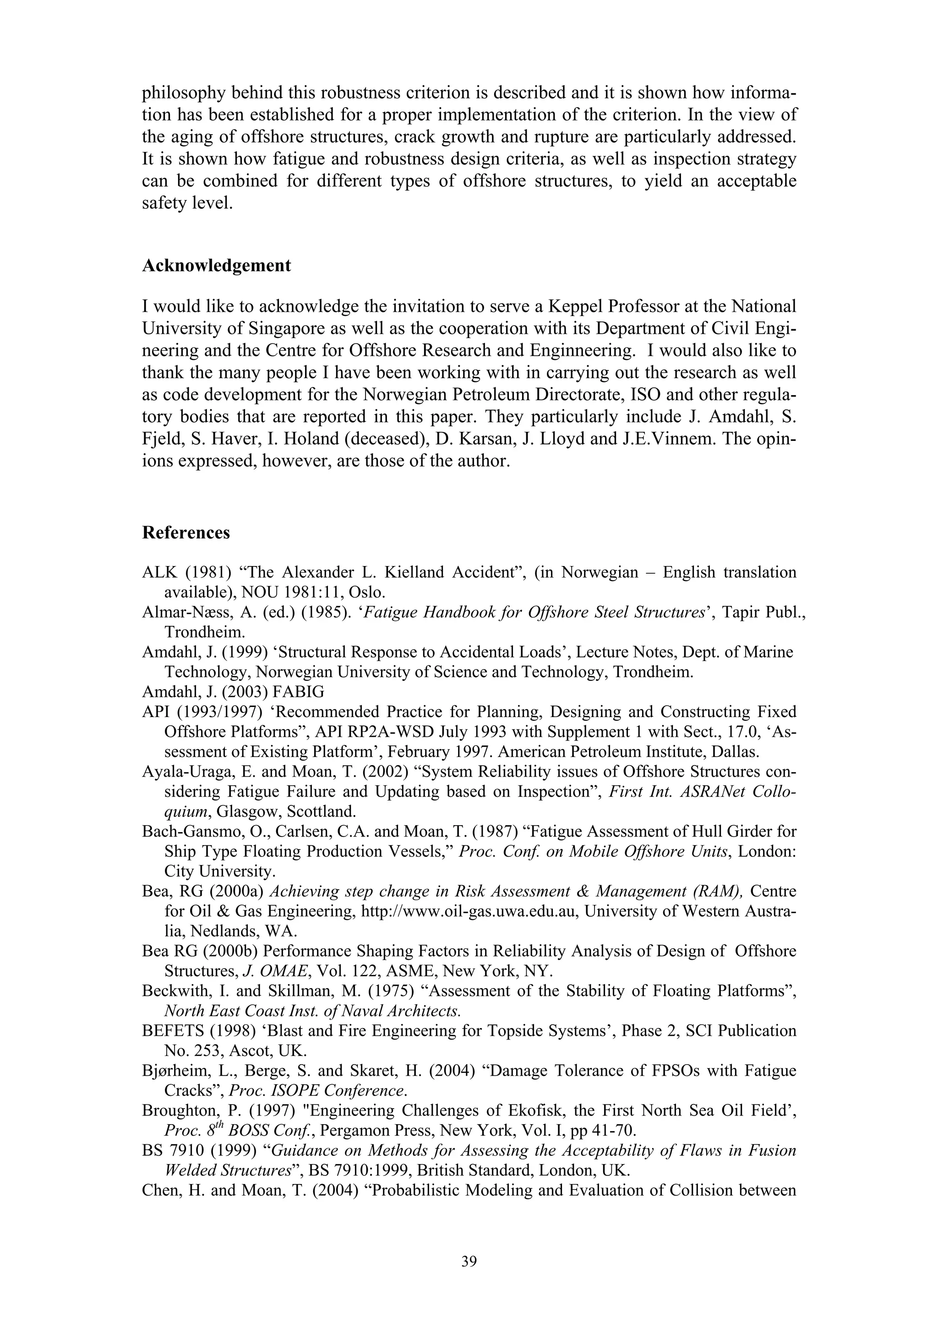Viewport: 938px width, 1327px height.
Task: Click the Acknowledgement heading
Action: [216, 266]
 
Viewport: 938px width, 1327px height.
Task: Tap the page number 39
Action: [469, 1261]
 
